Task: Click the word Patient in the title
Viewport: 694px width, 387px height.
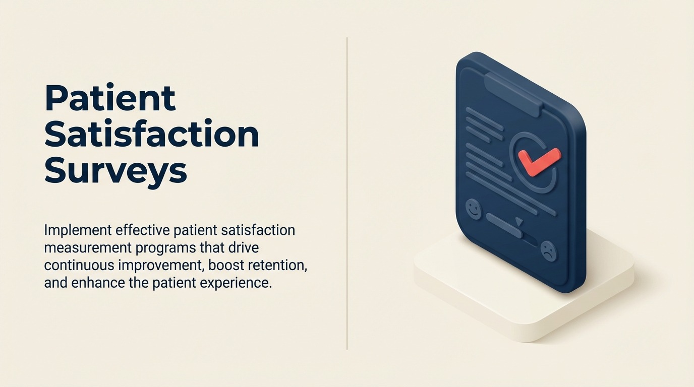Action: click(x=110, y=98)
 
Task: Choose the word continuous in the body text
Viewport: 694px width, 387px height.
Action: click(x=81, y=265)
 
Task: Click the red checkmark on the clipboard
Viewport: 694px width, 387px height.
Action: click(x=538, y=161)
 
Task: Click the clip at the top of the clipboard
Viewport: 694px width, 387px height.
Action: click(x=513, y=93)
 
